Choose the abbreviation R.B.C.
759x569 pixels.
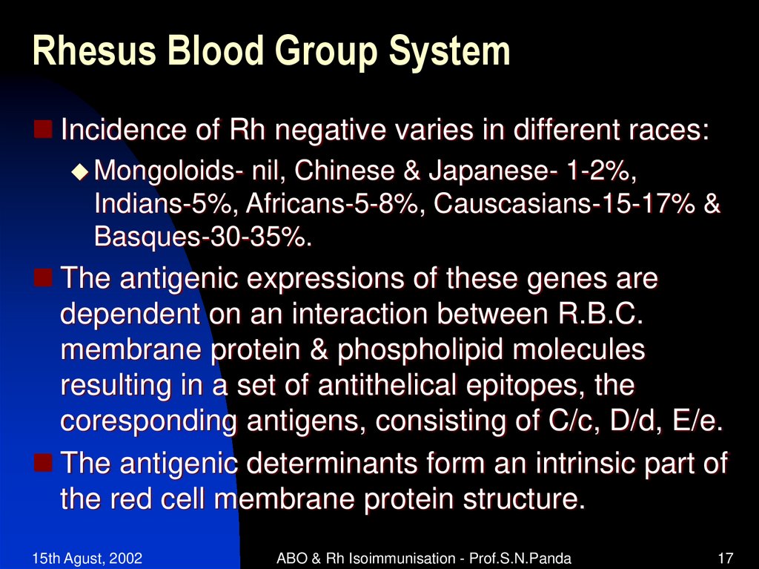[598, 314]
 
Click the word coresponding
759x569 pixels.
[148, 421]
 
